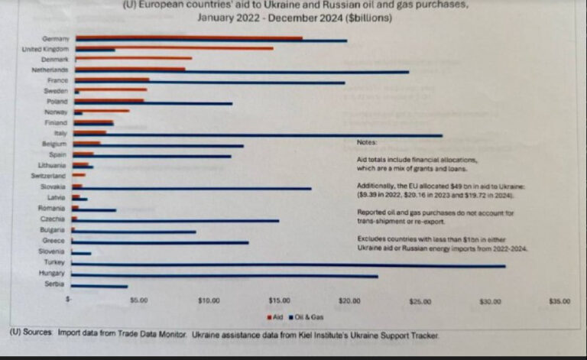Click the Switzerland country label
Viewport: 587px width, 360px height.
pyautogui.click(x=51, y=176)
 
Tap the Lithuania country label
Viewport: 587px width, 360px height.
pyautogui.click(x=53, y=165)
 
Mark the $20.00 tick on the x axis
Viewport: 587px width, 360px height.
pyautogui.click(x=349, y=301)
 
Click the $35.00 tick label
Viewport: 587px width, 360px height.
pyautogui.click(x=559, y=301)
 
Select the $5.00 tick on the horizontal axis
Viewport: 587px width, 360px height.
pyautogui.click(x=138, y=301)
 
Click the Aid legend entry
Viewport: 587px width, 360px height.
pyautogui.click(x=276, y=316)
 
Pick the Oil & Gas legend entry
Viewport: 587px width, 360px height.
pyautogui.click(x=309, y=316)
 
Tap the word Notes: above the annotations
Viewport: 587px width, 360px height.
pyautogui.click(x=367, y=142)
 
